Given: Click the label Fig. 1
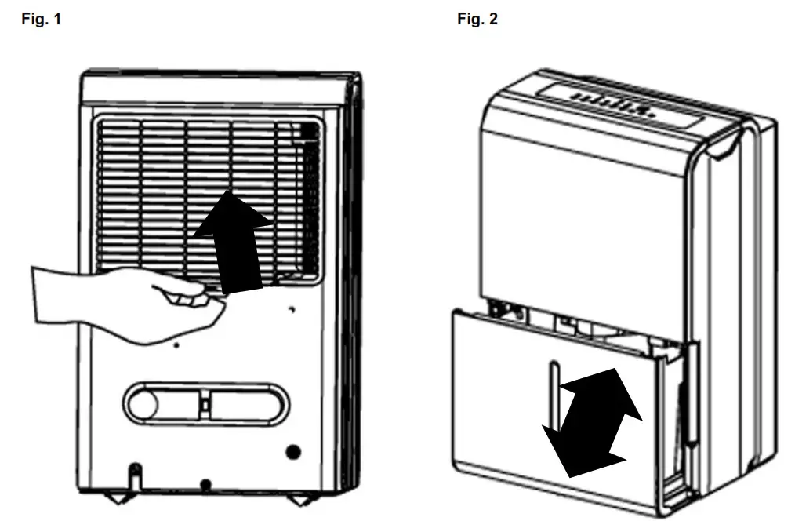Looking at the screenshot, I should tap(40, 20).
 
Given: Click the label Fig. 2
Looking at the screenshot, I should tap(477, 20).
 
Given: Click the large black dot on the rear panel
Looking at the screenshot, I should tap(294, 452).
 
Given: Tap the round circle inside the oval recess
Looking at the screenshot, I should tap(144, 406).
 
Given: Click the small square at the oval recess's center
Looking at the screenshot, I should tap(205, 406).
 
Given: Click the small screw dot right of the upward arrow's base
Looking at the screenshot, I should tap(291, 309).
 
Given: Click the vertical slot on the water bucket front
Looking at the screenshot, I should tap(552, 392).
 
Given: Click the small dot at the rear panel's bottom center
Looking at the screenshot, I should tap(205, 483).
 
